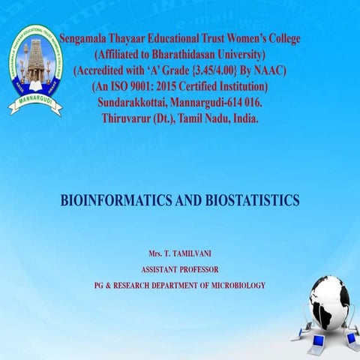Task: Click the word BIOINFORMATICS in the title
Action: (x=110, y=200)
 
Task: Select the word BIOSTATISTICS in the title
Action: (x=249, y=200)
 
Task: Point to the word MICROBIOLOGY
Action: (x=233, y=285)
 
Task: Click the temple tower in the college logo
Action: (x=34, y=61)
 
